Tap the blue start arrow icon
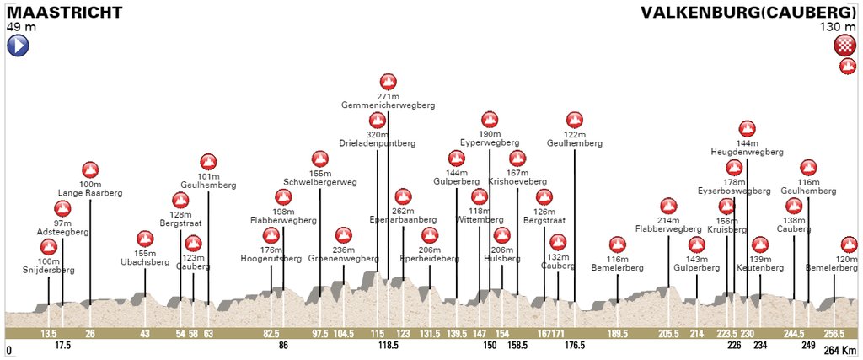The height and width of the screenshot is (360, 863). pos(18,45)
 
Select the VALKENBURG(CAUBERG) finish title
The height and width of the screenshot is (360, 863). pos(748,13)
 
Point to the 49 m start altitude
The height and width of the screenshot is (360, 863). pos(22,27)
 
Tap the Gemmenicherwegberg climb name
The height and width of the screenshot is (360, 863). pos(388,105)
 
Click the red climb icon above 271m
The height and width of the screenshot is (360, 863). pos(388,82)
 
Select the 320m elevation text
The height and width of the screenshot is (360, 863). pos(377,134)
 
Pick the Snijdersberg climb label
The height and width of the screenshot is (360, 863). pos(50,271)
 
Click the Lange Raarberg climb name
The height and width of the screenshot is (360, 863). pos(90,193)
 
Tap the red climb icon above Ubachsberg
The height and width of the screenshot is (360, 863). pos(145,239)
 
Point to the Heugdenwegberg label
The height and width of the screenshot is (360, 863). pos(748,153)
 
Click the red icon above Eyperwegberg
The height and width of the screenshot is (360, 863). pos(490,119)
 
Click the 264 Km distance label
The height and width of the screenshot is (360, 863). pos(839,350)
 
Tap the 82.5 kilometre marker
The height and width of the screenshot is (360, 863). pos(271,334)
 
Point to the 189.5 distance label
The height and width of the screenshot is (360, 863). pos(618,334)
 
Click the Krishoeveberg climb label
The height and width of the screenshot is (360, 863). pos(517,181)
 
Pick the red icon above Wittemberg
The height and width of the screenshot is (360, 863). pos(479,197)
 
